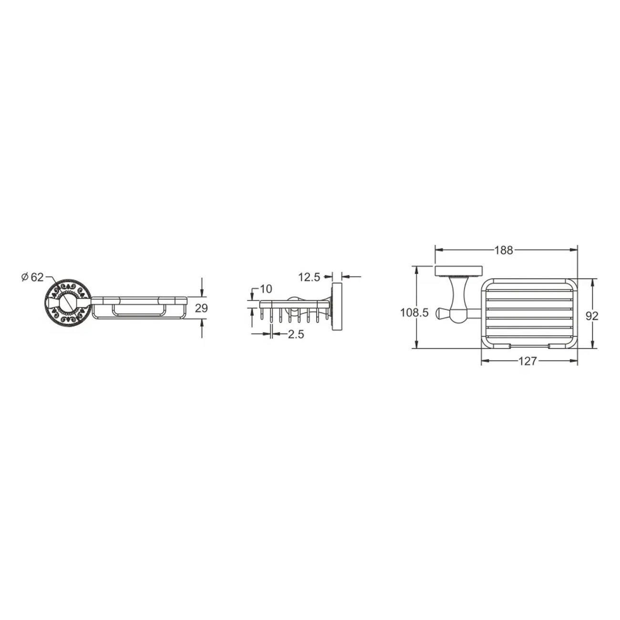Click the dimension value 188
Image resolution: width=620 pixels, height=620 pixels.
(x=504, y=250)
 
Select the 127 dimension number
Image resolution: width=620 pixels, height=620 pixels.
(x=527, y=362)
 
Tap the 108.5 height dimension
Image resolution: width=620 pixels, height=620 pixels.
(x=414, y=313)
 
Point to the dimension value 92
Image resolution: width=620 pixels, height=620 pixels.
(x=592, y=316)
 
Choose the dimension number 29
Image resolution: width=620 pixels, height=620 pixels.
(x=201, y=308)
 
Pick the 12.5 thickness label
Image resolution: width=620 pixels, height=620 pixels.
(x=309, y=277)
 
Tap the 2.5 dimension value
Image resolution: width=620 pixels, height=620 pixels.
(x=296, y=335)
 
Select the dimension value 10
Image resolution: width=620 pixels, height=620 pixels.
(x=266, y=289)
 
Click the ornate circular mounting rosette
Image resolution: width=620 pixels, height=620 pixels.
(x=68, y=303)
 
